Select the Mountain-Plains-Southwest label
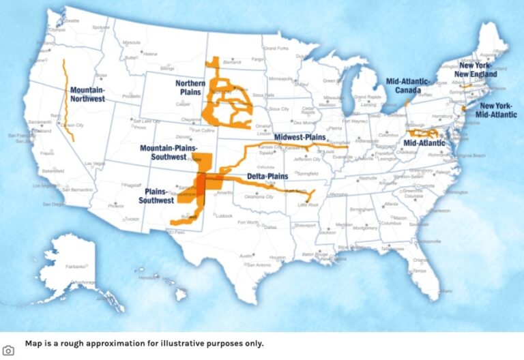click(168, 152)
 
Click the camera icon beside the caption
click(8, 350)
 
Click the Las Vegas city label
click(95, 164)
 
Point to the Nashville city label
click(368, 178)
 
